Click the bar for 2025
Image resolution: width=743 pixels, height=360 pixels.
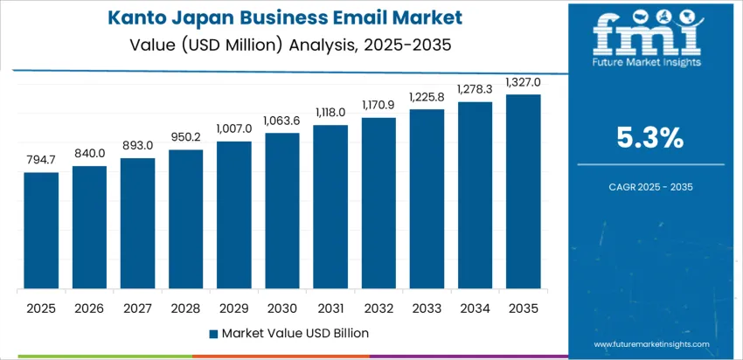click(x=41, y=231)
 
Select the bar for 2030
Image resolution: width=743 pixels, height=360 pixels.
click(x=282, y=211)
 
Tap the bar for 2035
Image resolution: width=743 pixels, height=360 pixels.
click(x=524, y=191)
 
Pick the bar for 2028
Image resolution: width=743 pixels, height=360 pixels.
click(x=185, y=219)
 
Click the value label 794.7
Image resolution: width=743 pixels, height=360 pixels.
click(x=41, y=161)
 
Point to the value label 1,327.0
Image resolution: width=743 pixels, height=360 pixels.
click(x=524, y=82)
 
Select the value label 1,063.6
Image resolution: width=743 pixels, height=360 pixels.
click(x=282, y=121)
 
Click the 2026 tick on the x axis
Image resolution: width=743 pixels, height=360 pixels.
click(x=89, y=308)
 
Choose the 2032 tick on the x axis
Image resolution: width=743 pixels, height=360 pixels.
click(x=378, y=308)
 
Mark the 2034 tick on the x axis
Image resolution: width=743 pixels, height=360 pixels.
click(x=476, y=308)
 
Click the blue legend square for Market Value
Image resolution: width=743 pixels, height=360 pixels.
click(x=213, y=333)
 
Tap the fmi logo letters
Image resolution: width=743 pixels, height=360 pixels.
click(x=646, y=35)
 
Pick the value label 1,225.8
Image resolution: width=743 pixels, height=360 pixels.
click(x=427, y=97)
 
